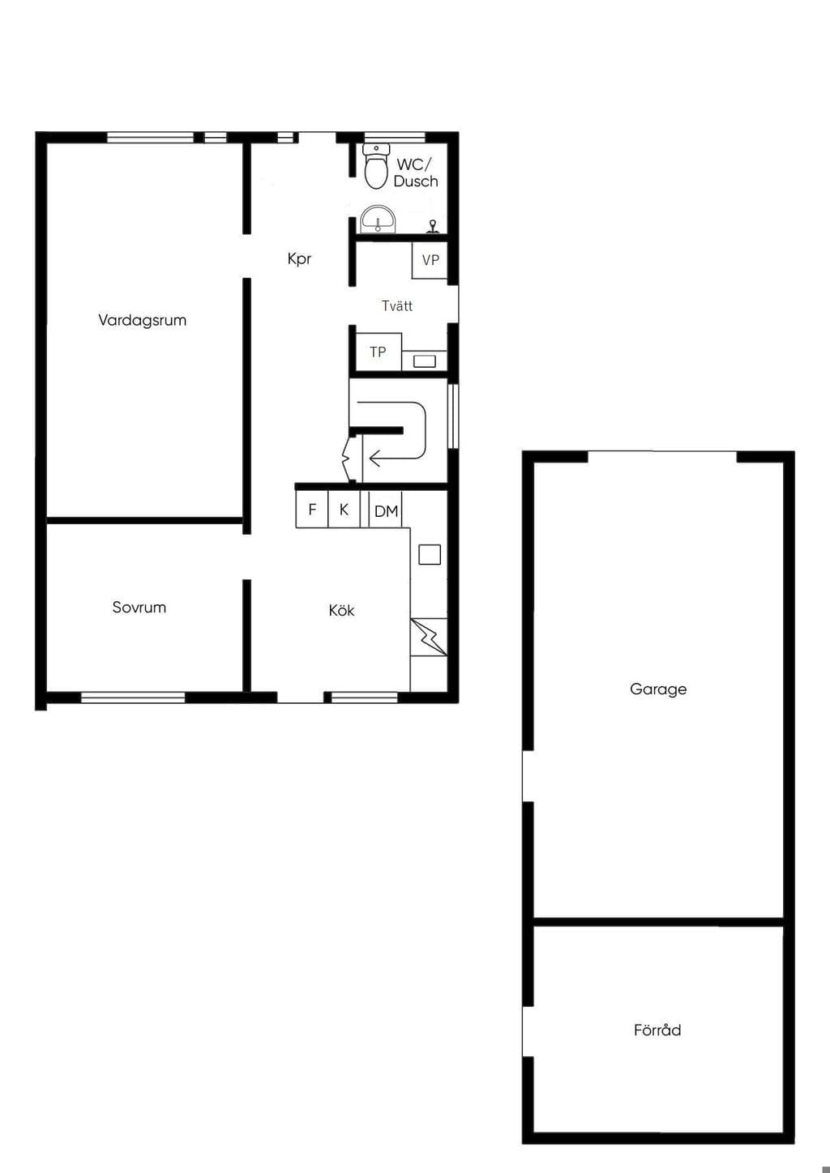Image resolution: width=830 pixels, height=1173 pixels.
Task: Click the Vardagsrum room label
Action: [142, 320]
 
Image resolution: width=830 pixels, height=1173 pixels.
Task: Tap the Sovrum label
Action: [139, 607]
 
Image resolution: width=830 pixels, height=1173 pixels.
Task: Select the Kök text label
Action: [341, 610]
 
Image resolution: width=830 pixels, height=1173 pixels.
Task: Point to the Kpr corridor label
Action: [299, 258]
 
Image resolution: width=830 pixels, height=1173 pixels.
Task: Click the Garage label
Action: [658, 689]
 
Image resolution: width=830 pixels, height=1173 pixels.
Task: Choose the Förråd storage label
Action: [657, 1030]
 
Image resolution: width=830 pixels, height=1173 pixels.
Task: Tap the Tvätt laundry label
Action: [397, 306]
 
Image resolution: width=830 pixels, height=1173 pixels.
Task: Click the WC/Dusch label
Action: [416, 173]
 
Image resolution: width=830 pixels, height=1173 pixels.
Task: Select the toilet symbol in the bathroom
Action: [377, 167]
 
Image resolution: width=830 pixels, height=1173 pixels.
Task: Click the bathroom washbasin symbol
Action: [377, 219]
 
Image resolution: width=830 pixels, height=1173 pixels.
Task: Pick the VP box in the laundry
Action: [430, 260]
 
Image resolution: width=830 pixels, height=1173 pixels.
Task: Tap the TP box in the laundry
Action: [379, 352]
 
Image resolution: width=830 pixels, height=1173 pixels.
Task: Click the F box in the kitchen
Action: [312, 509]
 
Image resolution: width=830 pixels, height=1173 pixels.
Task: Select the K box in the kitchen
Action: [344, 509]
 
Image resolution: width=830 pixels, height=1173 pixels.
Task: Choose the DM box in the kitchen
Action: [386, 510]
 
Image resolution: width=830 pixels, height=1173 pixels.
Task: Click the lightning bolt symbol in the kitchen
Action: [429, 637]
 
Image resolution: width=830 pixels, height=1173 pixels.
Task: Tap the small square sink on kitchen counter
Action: [429, 555]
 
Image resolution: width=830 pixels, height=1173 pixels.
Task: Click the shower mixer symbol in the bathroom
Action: [433, 227]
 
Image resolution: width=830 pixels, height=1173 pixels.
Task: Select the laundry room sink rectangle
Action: [425, 361]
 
